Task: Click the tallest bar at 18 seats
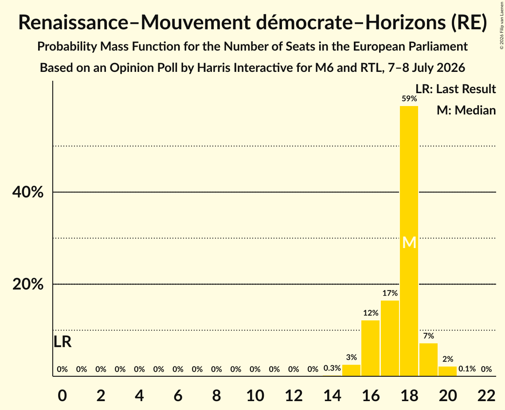coord(409,241)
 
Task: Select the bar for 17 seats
coord(390,338)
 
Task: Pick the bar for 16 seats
coord(370,348)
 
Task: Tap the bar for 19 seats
coord(428,359)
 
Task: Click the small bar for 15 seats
coord(352,370)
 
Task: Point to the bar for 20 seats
coord(448,371)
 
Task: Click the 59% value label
coord(409,99)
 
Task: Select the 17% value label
coord(390,293)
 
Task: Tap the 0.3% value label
coord(332,368)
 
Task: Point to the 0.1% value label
coord(467,369)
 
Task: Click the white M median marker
coord(409,242)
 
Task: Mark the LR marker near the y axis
coord(63,342)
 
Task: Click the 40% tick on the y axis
coord(28,192)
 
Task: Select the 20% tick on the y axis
coord(28,284)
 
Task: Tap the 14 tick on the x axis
coord(332,395)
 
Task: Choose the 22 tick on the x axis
coord(486,395)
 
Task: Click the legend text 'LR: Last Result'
coord(456,89)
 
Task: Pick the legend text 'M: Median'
coord(466,110)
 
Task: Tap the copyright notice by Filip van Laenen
coord(502,25)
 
